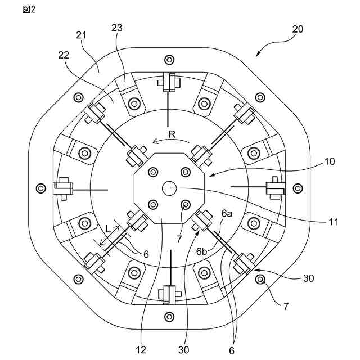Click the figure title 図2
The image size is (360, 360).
coord(28,10)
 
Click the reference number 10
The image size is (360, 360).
coord(330,161)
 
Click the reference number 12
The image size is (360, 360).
coord(141,349)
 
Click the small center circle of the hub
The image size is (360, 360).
coord(169,188)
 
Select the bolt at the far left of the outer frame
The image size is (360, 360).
coord(39,187)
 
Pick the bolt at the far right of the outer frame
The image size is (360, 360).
coord(298,187)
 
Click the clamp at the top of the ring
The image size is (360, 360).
coord(169,82)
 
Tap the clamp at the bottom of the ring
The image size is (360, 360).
coord(169,293)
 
